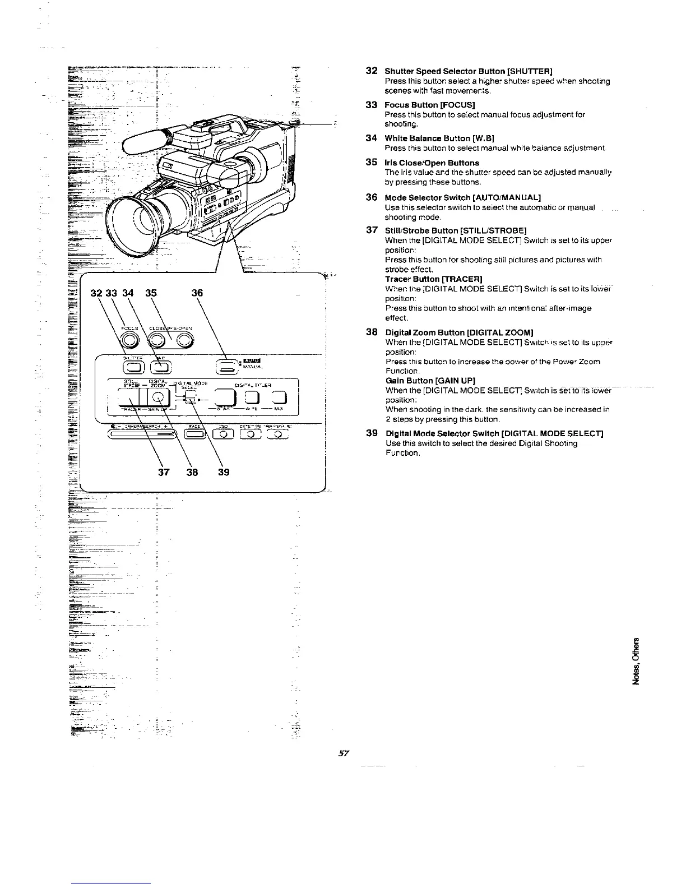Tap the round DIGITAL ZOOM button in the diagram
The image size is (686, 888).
tap(160, 398)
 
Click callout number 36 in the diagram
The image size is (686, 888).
tap(197, 293)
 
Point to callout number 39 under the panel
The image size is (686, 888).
tap(223, 472)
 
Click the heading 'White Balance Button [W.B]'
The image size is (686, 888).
tap(439, 138)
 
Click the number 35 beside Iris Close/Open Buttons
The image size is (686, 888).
tap(371, 162)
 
